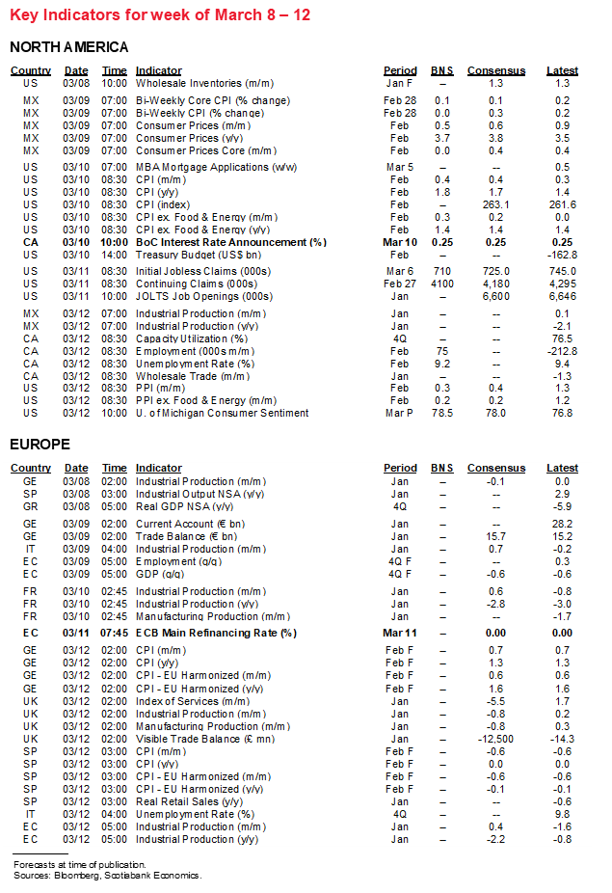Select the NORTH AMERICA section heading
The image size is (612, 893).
(x=68, y=47)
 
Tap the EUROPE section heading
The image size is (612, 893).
(x=41, y=445)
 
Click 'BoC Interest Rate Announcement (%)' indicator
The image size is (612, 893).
(x=230, y=242)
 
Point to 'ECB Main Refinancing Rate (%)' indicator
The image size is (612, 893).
(x=216, y=633)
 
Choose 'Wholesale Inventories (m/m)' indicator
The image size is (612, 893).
(x=203, y=84)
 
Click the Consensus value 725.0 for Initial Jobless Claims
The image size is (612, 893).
(x=495, y=272)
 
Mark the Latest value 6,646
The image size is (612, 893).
(x=562, y=297)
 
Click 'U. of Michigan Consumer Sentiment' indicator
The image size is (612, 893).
(x=222, y=413)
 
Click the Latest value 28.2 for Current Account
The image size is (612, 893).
(x=562, y=524)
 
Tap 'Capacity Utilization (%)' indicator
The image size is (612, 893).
(x=191, y=338)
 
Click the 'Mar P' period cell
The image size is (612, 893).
(x=399, y=413)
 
